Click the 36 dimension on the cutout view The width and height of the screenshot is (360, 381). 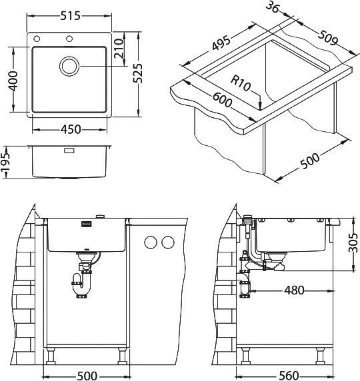(x=272, y=9)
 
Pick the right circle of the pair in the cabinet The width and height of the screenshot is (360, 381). (x=167, y=241)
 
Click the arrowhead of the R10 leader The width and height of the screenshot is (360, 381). (x=258, y=103)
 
